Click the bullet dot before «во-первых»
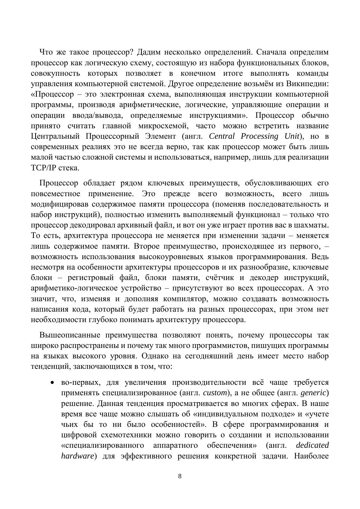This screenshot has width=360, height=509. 52,383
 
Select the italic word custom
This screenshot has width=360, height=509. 215,393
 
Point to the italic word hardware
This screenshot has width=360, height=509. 77,456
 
